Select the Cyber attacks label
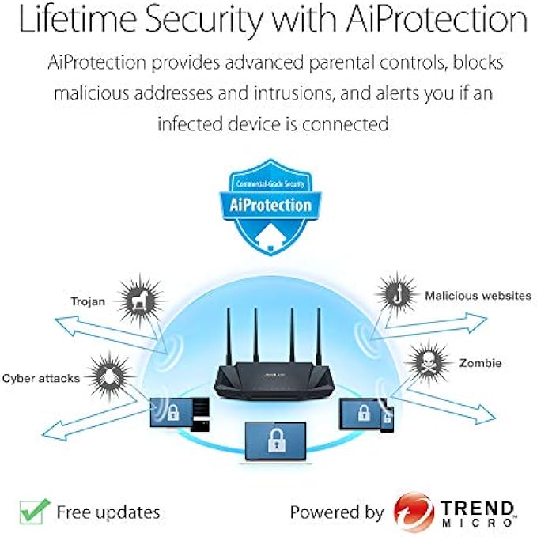point(40,378)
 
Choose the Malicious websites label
point(478,296)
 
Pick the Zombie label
point(479,363)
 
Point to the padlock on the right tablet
point(362,412)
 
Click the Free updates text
point(108,512)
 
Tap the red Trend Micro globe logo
point(414,512)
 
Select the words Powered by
point(337,512)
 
